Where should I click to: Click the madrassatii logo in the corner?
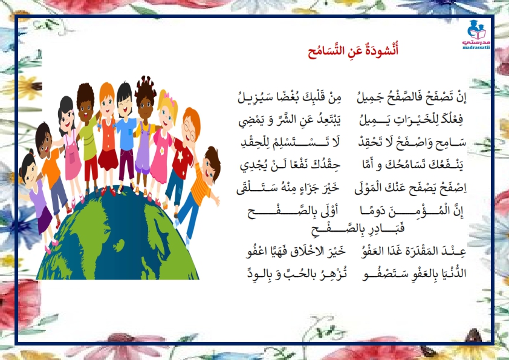coord(476,34)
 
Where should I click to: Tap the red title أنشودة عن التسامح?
coord(353,51)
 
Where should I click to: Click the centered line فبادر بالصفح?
coord(358,229)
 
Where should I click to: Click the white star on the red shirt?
coord(180,155)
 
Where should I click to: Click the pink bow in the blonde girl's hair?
coord(169,96)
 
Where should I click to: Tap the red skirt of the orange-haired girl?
coord(108,159)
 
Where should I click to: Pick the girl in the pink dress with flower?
coord(162,143)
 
